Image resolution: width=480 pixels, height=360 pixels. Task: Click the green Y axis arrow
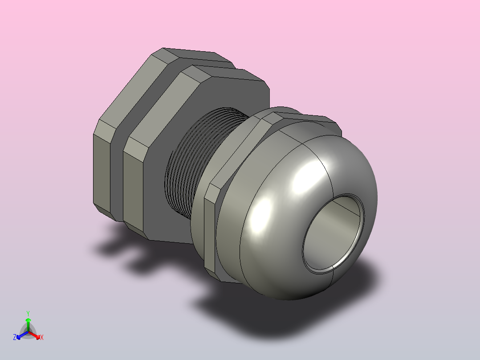pos(28,324)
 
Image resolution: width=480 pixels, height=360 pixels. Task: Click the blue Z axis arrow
pos(22,335)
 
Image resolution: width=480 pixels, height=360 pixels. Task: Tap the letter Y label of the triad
pos(28,314)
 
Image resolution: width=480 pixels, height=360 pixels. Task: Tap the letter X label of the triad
pos(42,337)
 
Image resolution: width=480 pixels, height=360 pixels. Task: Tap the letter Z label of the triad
pos(14,337)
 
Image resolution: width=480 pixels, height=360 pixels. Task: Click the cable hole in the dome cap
pos(333,233)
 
